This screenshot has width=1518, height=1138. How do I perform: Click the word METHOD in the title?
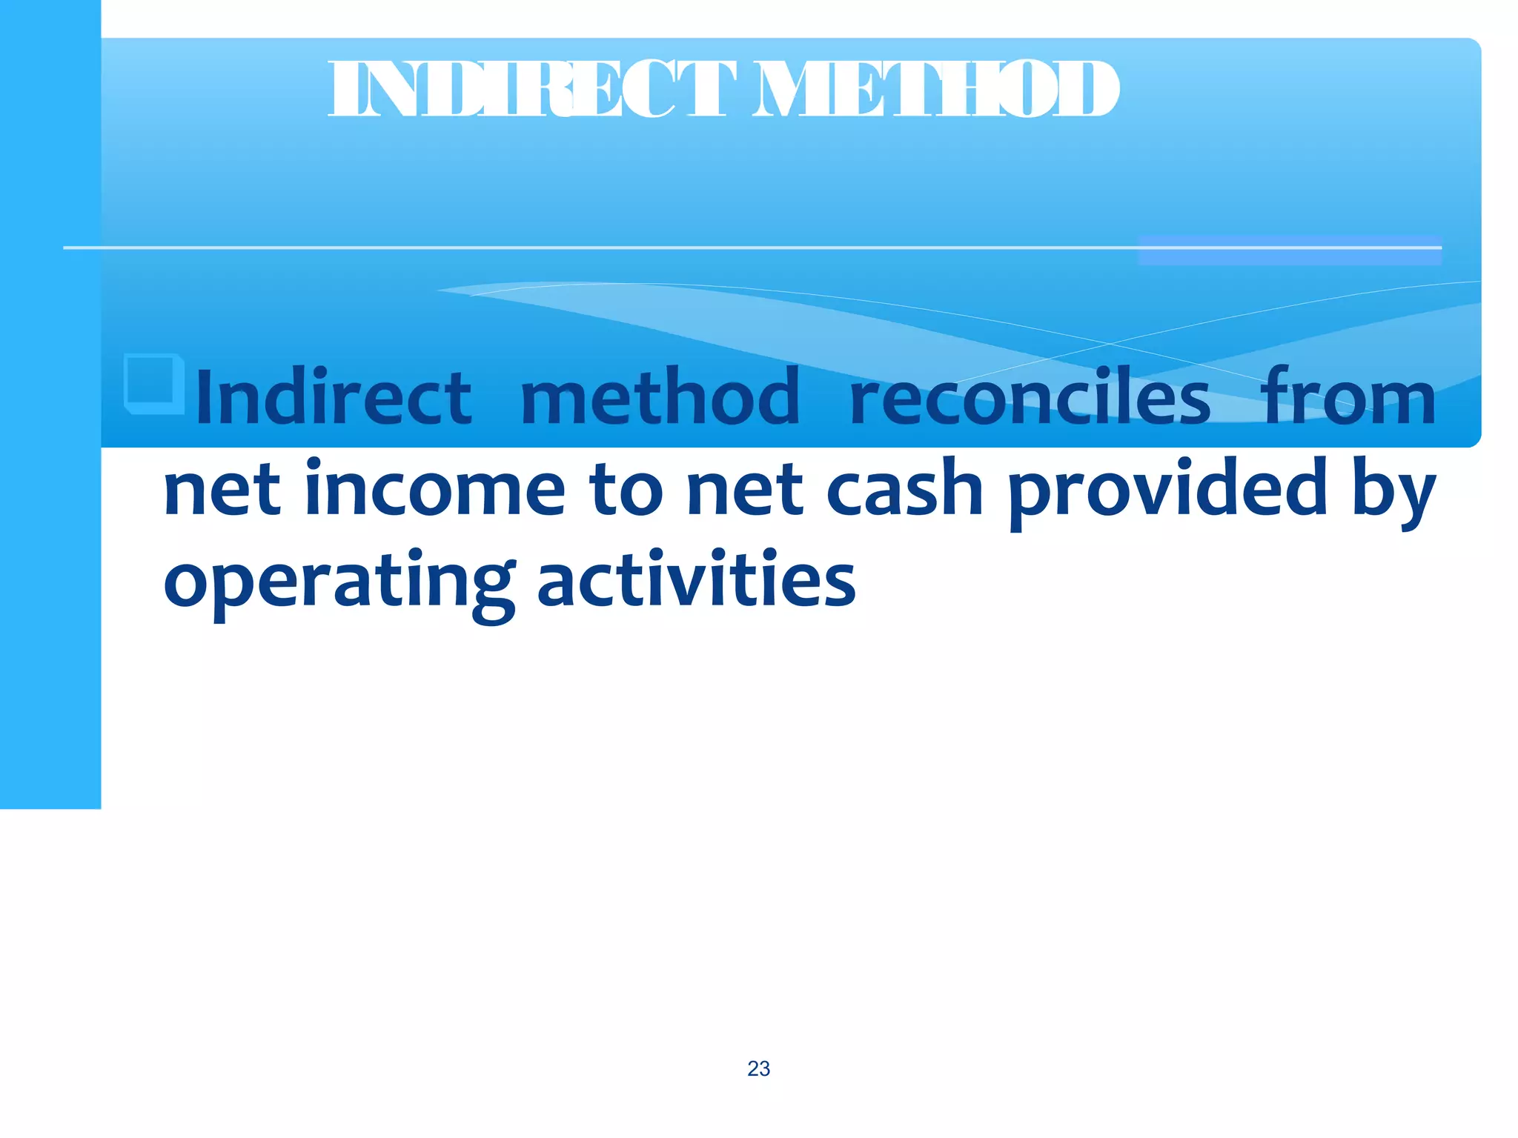[x=935, y=90]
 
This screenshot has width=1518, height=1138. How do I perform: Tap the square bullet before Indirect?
[x=154, y=383]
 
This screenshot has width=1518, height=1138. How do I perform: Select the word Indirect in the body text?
[x=334, y=398]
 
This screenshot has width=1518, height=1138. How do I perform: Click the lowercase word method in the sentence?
[x=660, y=398]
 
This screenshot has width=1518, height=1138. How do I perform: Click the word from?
[x=1349, y=398]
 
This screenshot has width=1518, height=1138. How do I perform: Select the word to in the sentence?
[x=626, y=490]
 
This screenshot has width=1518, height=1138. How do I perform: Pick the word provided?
[x=1168, y=490]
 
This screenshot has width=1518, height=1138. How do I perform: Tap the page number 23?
[x=758, y=1068]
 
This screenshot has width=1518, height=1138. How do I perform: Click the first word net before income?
[x=222, y=490]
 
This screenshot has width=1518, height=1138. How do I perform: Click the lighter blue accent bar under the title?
[x=1290, y=250]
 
